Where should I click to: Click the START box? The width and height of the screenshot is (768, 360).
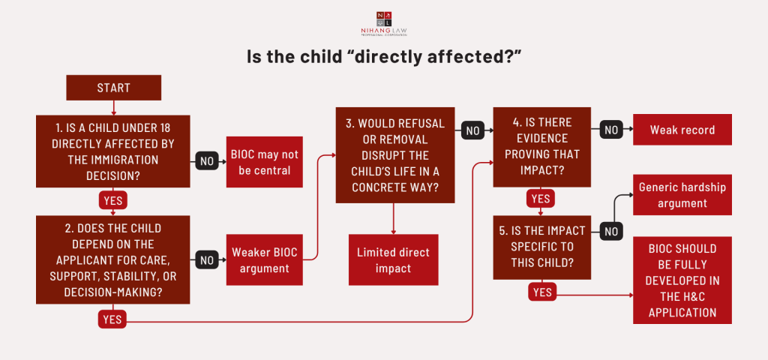[x=113, y=88]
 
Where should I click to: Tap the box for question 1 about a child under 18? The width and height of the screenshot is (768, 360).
[x=113, y=151]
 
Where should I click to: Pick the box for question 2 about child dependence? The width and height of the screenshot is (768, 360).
[x=113, y=259]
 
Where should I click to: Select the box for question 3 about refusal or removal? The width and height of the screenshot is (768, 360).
[x=394, y=154]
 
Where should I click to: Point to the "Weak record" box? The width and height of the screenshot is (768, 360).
[x=682, y=130]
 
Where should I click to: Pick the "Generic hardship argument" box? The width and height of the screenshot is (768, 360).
[x=682, y=195]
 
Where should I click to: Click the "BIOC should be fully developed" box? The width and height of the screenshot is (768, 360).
[x=682, y=280]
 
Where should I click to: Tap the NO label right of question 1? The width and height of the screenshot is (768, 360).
[x=207, y=160]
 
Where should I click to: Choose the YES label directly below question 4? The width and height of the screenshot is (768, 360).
[x=540, y=199]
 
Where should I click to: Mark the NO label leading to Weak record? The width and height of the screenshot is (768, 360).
[x=612, y=130]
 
